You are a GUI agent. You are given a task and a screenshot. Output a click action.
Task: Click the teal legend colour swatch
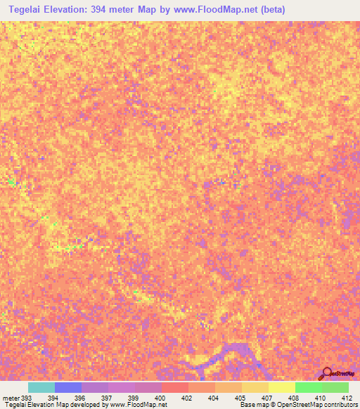coord(41,387)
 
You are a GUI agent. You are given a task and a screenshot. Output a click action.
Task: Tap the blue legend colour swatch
coord(68,387)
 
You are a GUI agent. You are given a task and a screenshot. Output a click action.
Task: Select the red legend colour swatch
coord(175,387)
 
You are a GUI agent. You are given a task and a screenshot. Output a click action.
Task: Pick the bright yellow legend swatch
coord(282,387)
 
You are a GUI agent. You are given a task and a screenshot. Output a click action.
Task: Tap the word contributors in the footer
coord(341,405)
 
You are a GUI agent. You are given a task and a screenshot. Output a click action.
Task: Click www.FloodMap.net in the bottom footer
coord(143,405)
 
